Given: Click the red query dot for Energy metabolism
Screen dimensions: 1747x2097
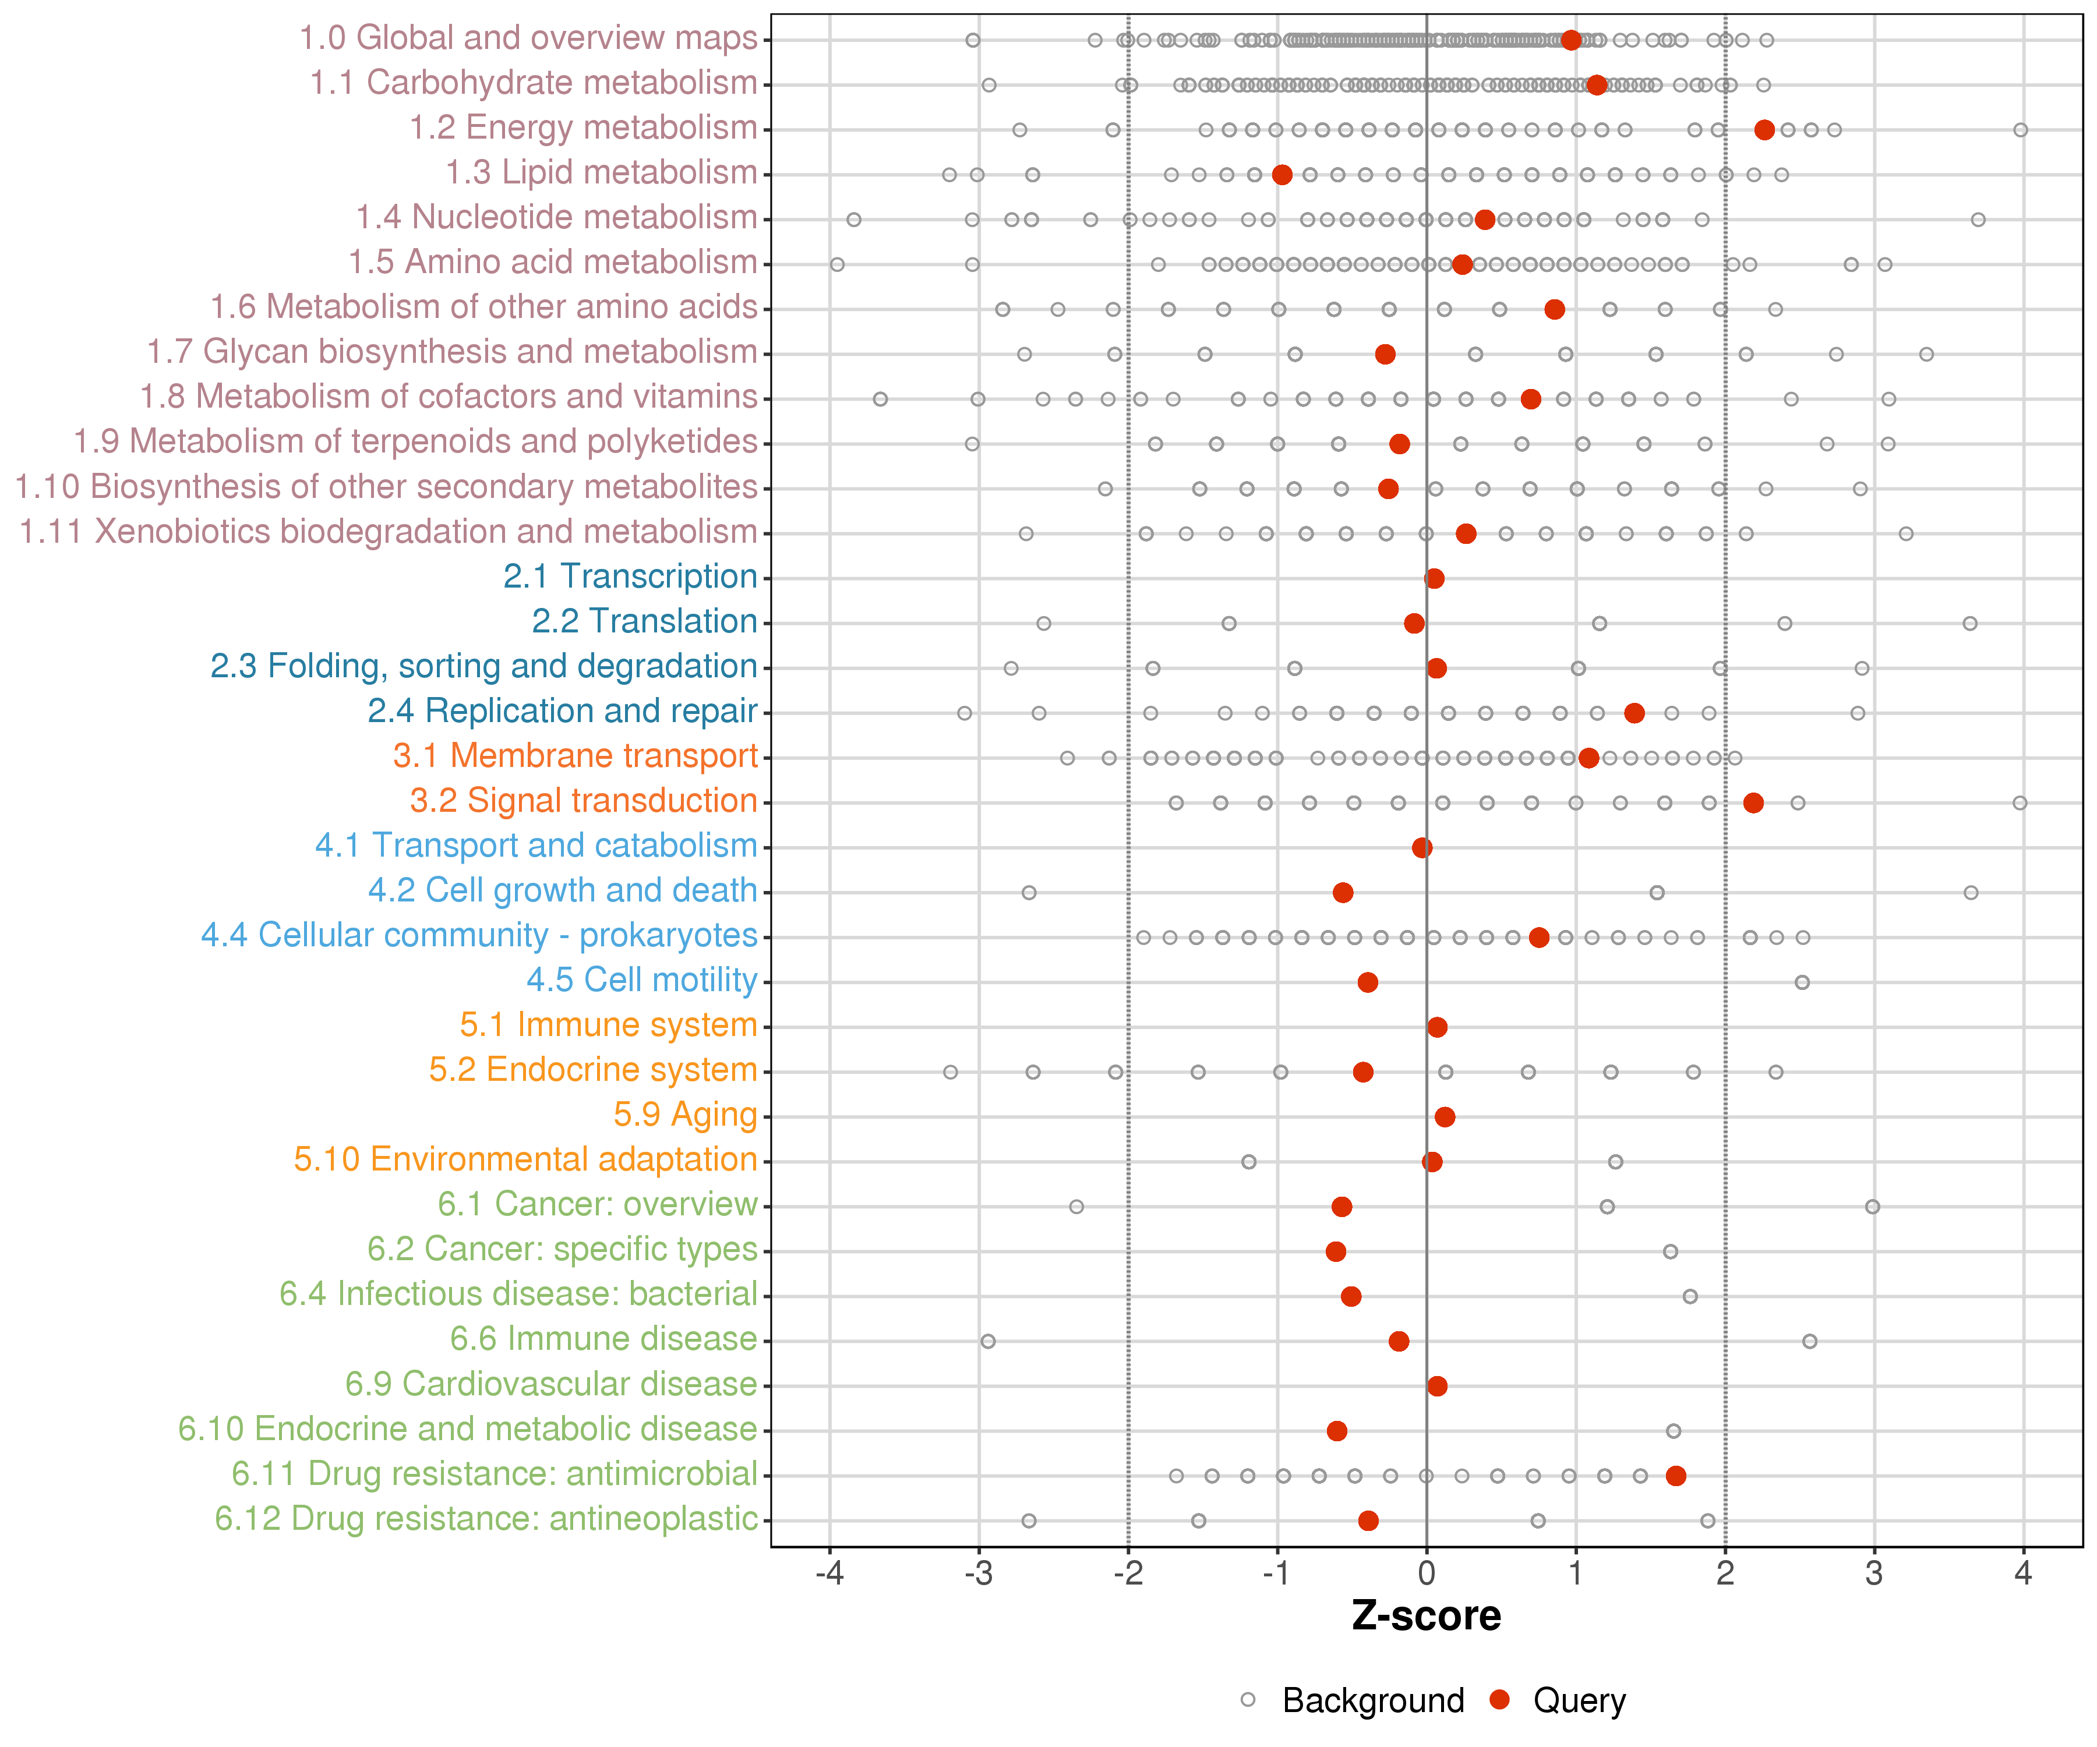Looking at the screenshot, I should [x=1764, y=130].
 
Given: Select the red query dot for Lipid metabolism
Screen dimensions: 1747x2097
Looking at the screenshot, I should [x=1282, y=175].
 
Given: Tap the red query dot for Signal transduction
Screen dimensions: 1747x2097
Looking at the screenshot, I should [x=1753, y=802].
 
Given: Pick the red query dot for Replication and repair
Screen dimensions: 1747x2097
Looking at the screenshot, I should [x=1634, y=713].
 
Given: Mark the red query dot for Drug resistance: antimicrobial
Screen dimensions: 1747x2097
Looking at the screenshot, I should [x=1676, y=1476].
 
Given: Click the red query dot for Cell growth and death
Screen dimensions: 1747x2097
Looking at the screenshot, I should [x=1343, y=893].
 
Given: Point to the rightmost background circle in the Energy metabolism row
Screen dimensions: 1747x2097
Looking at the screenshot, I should [x=2020, y=130].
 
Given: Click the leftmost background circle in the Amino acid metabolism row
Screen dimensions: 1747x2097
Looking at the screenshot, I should [x=838, y=264].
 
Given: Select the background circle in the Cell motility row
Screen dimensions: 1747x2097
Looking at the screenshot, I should [x=1802, y=982].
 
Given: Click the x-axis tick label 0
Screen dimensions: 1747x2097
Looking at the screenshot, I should [x=1426, y=1574].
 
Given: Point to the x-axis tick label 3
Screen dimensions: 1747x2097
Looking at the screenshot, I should [x=1873, y=1574].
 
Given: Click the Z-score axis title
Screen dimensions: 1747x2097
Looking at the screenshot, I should [x=1426, y=1616].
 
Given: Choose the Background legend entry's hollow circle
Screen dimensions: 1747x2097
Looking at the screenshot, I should [x=1248, y=1700].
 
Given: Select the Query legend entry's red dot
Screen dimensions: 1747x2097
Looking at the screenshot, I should [x=1499, y=1700].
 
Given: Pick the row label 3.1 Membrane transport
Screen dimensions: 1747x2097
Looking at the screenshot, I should [x=575, y=756].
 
